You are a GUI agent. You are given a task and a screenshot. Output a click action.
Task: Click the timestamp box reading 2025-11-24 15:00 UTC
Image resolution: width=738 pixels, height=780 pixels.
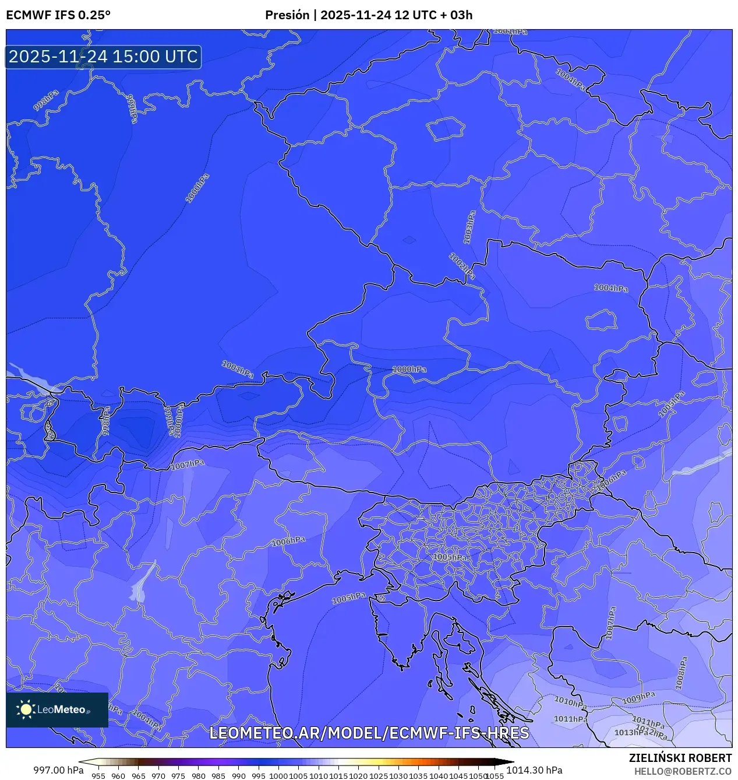(103, 57)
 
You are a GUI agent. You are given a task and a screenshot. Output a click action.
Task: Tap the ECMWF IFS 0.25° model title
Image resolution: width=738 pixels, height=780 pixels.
(58, 15)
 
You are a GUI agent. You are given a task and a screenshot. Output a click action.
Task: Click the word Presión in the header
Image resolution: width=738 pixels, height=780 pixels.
(287, 15)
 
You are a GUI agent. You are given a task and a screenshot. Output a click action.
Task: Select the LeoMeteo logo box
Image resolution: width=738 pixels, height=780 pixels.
(57, 709)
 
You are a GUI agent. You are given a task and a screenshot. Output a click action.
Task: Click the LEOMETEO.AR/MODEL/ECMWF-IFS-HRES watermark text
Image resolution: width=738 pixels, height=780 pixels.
(369, 733)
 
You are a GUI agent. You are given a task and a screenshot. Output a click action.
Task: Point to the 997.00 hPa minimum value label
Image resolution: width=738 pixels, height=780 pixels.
(58, 770)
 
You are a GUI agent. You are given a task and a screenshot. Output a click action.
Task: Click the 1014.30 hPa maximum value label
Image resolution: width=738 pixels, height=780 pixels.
(534, 770)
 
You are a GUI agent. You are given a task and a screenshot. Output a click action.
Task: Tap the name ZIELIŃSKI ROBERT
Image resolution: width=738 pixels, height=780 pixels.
(680, 758)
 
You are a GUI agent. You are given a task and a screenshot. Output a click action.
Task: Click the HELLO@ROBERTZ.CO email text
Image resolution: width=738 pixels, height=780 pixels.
(683, 771)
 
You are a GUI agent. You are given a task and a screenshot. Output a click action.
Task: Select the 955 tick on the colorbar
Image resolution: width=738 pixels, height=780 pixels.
(98, 776)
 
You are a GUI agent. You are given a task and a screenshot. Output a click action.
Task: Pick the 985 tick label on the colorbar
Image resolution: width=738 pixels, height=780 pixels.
(218, 776)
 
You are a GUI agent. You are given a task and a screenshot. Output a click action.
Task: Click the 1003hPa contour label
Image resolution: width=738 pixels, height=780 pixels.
(469, 227)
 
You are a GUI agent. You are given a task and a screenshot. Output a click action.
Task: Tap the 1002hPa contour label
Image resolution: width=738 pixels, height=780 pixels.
(461, 266)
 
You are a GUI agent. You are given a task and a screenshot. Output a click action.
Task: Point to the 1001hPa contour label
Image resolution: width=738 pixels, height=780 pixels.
(238, 369)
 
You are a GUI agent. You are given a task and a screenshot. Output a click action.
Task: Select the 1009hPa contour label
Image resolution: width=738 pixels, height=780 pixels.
(638, 698)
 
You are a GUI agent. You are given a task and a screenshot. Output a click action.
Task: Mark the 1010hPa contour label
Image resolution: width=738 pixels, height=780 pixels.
(570, 702)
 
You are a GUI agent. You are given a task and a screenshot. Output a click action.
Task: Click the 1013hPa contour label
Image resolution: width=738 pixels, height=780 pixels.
(631, 732)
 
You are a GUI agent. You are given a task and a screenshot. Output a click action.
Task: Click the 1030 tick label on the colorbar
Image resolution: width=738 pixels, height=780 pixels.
(398, 776)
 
